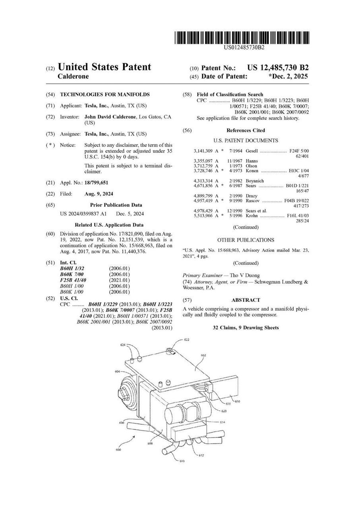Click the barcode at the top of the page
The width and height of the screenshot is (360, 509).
(x=242, y=38)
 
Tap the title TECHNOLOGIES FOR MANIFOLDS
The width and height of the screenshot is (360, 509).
(x=105, y=95)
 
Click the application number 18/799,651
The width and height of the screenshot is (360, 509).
(x=97, y=183)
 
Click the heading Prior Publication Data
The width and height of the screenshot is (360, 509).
(x=116, y=205)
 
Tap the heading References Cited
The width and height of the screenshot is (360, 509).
(x=246, y=130)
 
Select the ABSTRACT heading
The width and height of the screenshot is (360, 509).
(x=246, y=300)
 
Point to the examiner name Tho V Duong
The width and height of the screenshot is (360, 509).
(x=245, y=275)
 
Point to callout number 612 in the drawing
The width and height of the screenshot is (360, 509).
(x=201, y=455)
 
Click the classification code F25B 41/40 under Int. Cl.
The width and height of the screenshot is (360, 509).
(x=73, y=280)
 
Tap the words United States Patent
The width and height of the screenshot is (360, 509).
(x=105, y=67)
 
